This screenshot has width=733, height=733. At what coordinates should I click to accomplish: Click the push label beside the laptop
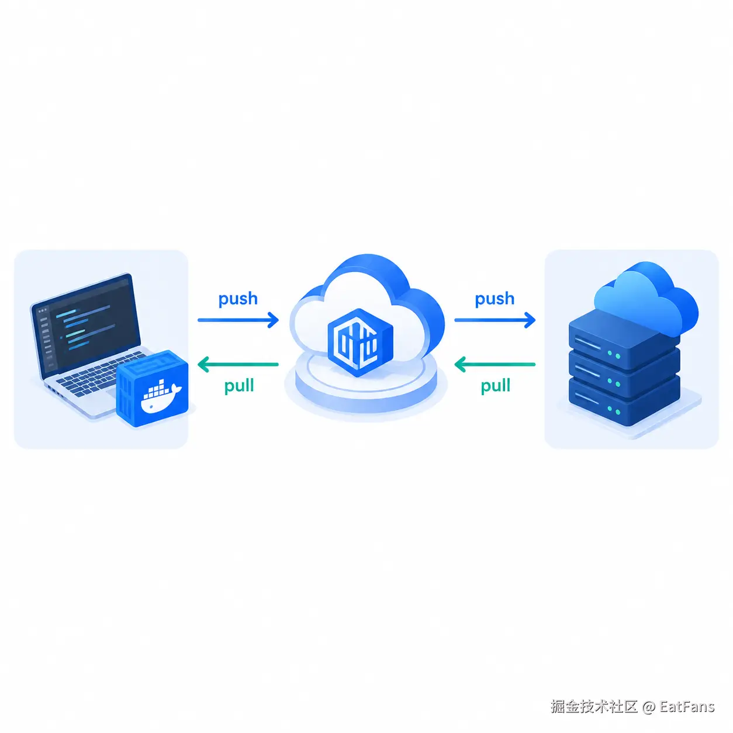[x=238, y=299]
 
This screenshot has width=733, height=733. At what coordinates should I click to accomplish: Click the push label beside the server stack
[x=494, y=299]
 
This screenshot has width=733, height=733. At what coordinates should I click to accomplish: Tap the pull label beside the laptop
[x=239, y=386]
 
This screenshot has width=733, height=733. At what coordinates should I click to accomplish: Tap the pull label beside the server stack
[x=495, y=386]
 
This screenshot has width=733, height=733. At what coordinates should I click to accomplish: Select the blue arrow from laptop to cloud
[x=238, y=320]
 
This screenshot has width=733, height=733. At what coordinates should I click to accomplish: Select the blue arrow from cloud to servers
[x=495, y=320]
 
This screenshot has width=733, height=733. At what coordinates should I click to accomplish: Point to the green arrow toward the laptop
[x=238, y=364]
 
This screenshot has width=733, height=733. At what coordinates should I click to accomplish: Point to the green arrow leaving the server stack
[x=495, y=364]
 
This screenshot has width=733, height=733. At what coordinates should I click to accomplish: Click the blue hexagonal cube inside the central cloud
[x=360, y=343]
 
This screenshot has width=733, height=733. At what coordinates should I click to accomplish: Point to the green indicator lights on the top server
[x=614, y=355]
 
